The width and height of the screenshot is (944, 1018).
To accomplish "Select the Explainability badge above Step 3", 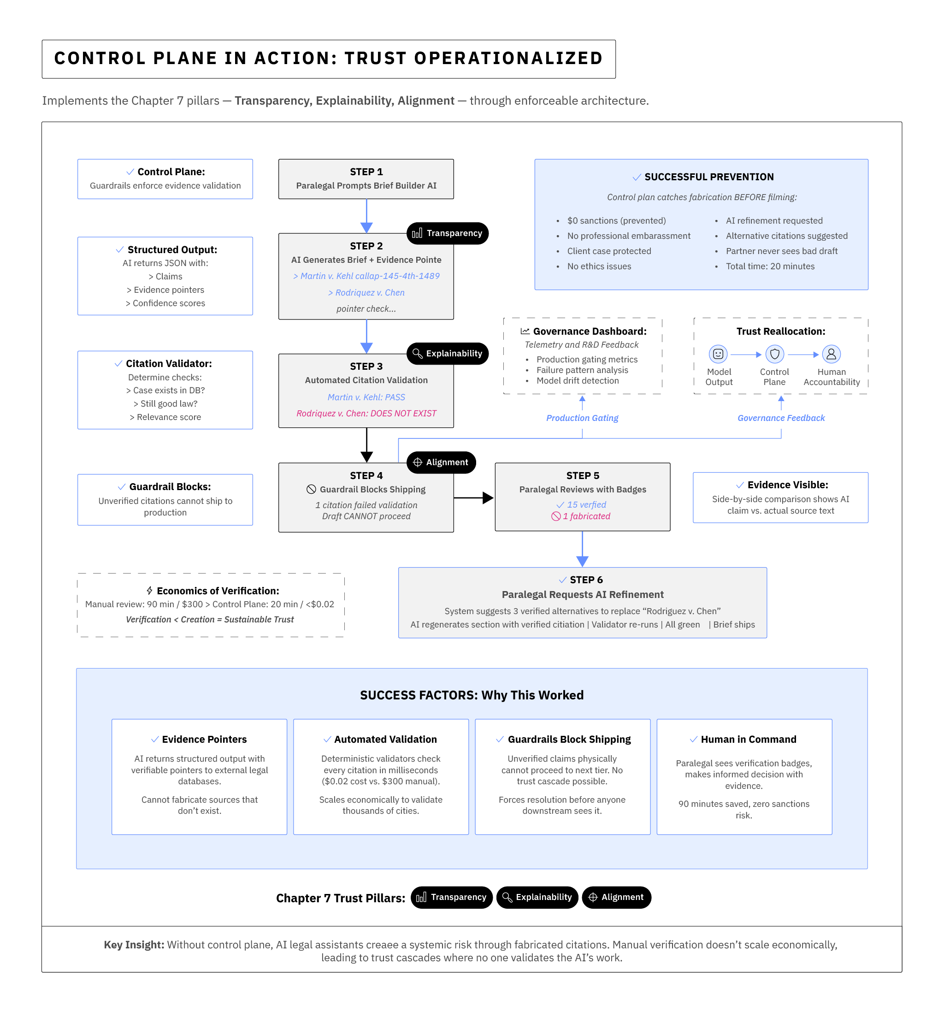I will (447, 353).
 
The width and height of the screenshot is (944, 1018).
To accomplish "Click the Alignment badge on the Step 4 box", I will (441, 462).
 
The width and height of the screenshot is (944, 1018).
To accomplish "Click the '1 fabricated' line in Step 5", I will (581, 516).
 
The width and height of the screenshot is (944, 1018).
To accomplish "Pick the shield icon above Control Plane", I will (774, 354).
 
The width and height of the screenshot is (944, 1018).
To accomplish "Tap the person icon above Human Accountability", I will (831, 354).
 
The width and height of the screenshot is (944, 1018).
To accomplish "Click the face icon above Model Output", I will (718, 354).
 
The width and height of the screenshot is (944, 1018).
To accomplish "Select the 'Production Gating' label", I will (582, 418).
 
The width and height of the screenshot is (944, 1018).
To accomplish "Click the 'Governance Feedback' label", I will (780, 418).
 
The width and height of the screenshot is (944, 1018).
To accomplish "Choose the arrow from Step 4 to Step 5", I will (473, 497).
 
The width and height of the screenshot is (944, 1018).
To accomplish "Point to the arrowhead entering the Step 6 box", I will (582, 561).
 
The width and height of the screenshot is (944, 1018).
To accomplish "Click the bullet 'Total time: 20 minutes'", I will (770, 266).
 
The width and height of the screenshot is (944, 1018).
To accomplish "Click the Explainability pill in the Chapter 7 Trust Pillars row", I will (537, 897).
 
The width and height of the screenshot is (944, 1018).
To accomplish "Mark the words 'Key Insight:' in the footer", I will (134, 944).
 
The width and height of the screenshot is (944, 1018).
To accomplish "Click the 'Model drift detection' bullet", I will (577, 380).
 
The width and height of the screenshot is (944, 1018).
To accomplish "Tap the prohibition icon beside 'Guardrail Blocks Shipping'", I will (311, 489).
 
